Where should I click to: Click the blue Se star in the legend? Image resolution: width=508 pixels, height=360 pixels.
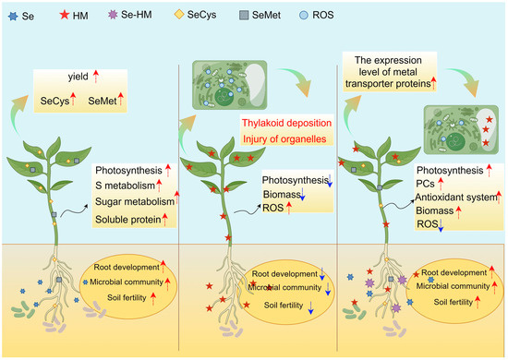click(x=12, y=15)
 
